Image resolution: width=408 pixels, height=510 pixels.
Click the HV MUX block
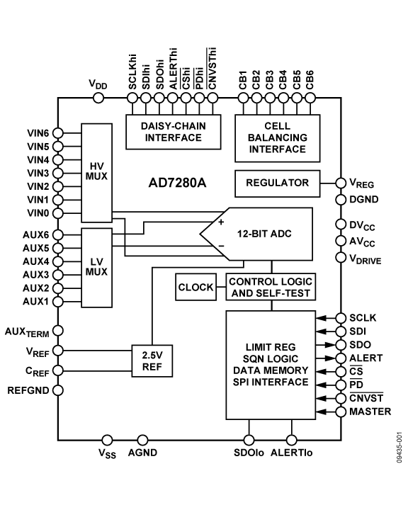[x=97, y=169]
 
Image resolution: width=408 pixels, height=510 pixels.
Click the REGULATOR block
[x=277, y=183]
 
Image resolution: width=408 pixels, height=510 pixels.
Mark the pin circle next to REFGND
[x=57, y=390]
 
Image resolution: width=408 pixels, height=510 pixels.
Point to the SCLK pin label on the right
[x=363, y=318]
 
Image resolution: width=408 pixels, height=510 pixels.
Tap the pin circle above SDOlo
[x=249, y=440]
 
